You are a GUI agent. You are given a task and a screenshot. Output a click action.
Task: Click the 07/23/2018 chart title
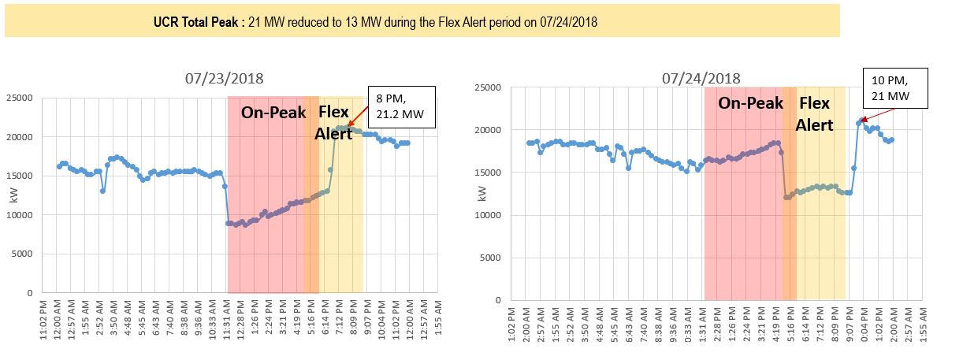[x=225, y=78]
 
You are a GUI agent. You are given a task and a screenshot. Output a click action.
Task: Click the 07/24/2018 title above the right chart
[x=701, y=78]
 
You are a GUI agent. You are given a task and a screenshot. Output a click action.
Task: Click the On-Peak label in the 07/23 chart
[x=273, y=112]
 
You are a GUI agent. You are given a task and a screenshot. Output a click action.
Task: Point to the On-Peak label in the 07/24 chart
[x=750, y=103]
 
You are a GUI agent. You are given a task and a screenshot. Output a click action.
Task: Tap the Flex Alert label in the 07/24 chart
[x=814, y=114]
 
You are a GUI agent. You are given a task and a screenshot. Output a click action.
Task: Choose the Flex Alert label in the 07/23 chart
[x=333, y=122]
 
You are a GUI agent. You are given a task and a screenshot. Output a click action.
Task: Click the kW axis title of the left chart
[x=13, y=195]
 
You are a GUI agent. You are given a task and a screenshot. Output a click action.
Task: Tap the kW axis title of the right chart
[x=482, y=194]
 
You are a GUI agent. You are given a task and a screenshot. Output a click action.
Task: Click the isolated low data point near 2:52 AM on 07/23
[x=102, y=191]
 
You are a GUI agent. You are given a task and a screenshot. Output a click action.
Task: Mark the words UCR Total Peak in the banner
[x=198, y=22]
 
